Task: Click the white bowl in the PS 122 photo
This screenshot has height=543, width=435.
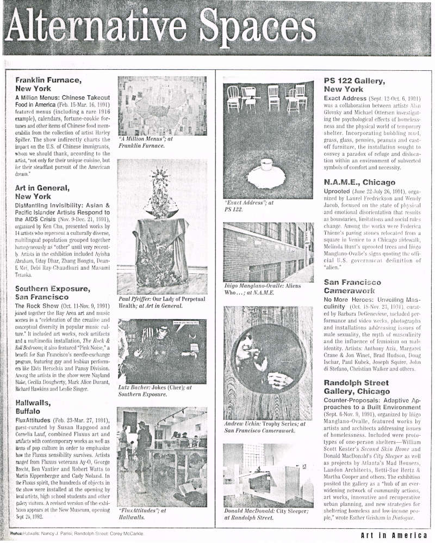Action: pyautogui.click(x=266, y=165)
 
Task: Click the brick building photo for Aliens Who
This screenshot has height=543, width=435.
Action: pyautogui.click(x=269, y=251)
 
